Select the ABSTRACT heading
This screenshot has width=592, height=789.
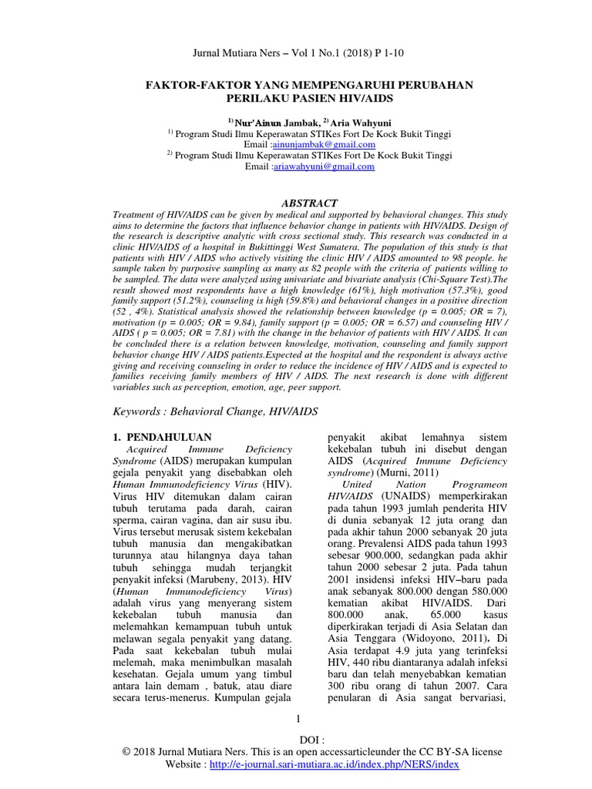296,203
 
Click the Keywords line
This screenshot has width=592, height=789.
214,412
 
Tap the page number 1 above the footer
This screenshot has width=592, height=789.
297,719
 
